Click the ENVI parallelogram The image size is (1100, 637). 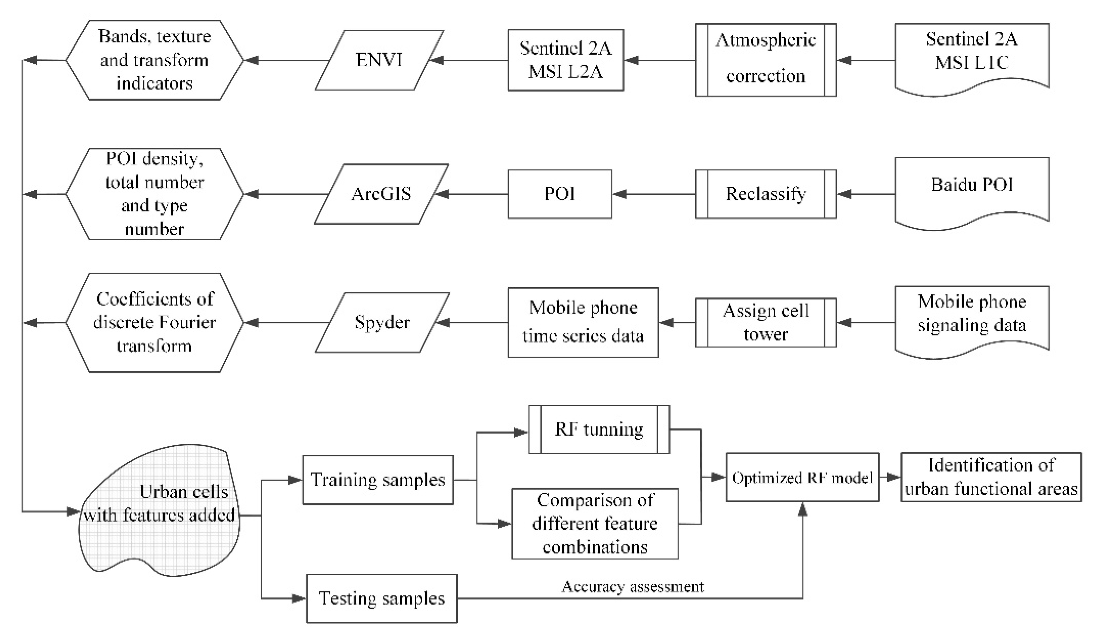pos(379,60)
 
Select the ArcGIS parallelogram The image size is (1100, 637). pos(381,194)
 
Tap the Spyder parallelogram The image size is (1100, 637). pos(382,322)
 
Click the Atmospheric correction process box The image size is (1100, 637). pos(766,60)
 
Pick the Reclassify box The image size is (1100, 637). pos(766,194)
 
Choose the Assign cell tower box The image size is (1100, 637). pos(766,322)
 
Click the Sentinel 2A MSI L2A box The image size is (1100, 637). pos(566,60)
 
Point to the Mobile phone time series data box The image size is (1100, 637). pos(583,322)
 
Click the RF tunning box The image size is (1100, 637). pos(599,429)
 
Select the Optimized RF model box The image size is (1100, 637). pos(802,478)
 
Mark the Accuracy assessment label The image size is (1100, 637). pos(633,587)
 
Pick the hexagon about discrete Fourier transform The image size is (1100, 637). pos(154,323)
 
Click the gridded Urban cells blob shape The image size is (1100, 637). pos(159,511)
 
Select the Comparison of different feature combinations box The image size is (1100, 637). pos(594,523)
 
